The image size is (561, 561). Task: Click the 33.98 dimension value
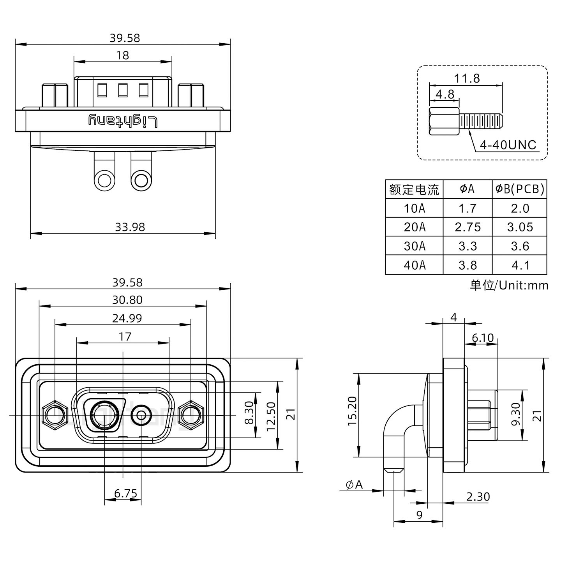[130, 227]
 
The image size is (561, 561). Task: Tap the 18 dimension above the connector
[122, 55]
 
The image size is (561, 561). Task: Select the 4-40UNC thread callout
[508, 145]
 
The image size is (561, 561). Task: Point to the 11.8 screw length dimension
[466, 78]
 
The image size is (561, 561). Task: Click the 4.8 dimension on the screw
[445, 94]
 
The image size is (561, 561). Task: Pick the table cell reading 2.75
[467, 227]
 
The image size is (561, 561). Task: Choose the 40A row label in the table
[414, 265]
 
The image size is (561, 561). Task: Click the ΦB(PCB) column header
[519, 189]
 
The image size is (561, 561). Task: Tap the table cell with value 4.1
[520, 265]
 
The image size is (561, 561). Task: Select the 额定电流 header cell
[414, 189]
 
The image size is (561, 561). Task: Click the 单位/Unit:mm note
[509, 285]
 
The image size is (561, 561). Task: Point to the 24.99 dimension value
[127, 318]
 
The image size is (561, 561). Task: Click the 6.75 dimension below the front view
[125, 494]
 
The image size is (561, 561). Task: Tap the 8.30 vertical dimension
[250, 414]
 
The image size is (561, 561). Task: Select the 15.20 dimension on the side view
[352, 411]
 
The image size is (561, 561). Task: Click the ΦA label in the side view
[354, 485]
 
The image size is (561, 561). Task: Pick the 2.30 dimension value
[478, 497]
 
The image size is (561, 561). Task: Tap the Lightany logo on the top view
[123, 121]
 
